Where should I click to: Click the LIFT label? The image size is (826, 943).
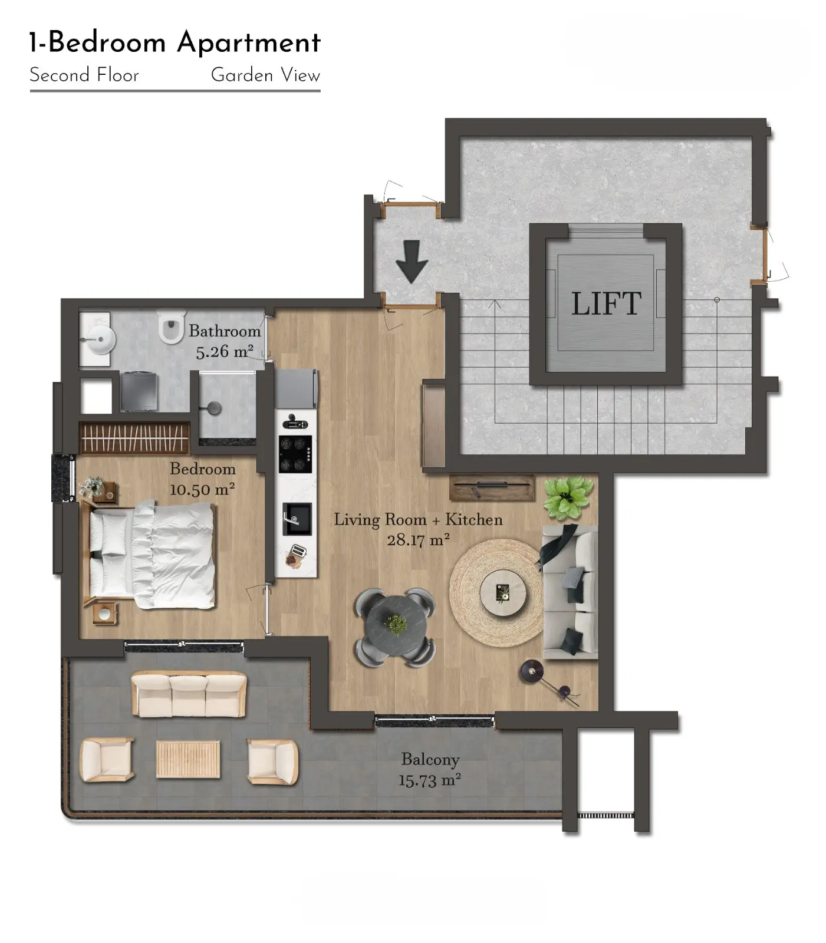pyautogui.click(x=605, y=304)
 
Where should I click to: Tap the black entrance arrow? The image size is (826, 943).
pyautogui.click(x=412, y=261)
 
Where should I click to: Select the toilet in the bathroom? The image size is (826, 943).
pyautogui.click(x=172, y=327)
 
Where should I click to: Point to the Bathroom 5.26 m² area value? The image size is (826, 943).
pyautogui.click(x=225, y=352)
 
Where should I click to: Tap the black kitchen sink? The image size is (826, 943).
pyautogui.click(x=297, y=519)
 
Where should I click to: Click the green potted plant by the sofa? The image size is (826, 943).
pyautogui.click(x=567, y=498)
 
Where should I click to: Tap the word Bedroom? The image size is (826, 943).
pyautogui.click(x=203, y=469)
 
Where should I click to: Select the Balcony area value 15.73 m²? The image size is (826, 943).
pyautogui.click(x=429, y=780)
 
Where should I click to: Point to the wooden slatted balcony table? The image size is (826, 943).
pyautogui.click(x=189, y=759)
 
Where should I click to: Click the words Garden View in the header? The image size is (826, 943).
pyautogui.click(x=265, y=75)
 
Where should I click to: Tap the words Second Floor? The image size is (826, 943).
pyautogui.click(x=84, y=75)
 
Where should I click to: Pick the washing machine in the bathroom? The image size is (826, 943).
pyautogui.click(x=139, y=391)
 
